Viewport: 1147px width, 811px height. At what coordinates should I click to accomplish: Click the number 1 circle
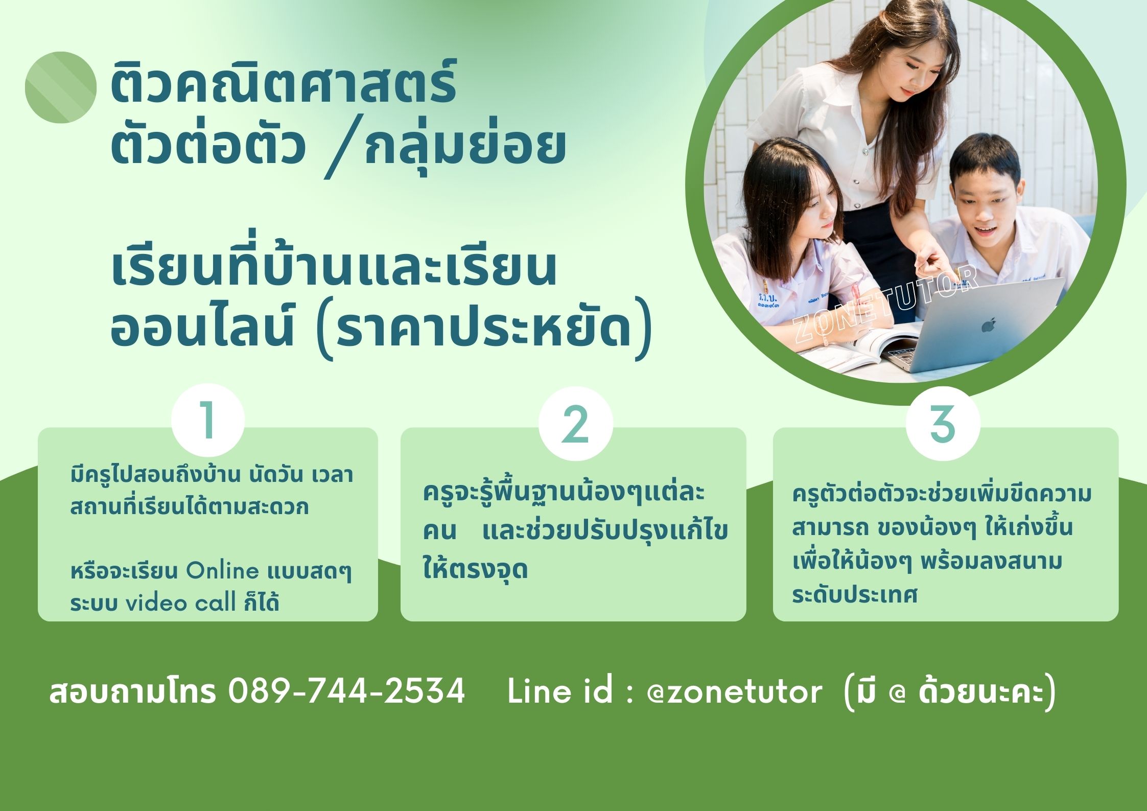click(x=208, y=421)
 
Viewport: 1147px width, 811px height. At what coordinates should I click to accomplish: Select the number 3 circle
click(x=943, y=424)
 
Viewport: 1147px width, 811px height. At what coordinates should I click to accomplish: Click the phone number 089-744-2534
click(x=346, y=691)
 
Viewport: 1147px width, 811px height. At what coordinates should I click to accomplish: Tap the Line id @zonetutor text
click(x=665, y=691)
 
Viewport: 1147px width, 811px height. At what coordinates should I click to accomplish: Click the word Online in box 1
click(x=222, y=571)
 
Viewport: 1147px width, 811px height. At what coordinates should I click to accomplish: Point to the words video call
click(x=174, y=604)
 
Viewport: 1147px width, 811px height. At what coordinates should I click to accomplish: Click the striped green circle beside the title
click(x=61, y=87)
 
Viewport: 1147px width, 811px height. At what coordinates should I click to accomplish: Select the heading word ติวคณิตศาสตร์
click(x=284, y=82)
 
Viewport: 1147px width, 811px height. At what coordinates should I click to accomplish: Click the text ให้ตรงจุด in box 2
click(x=475, y=568)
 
